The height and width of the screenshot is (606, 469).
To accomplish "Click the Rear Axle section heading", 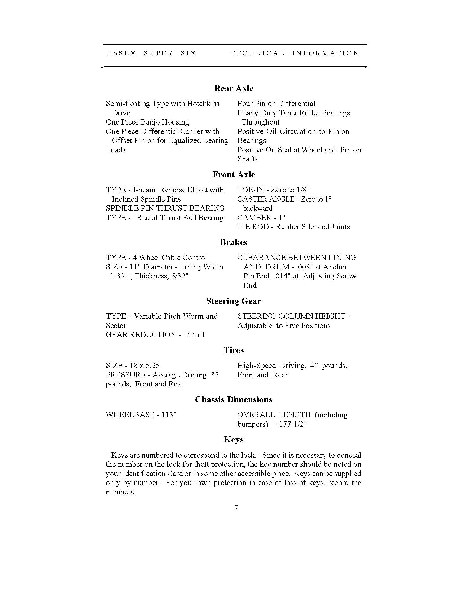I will point(234,88).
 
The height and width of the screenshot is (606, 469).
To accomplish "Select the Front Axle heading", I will point(234,175).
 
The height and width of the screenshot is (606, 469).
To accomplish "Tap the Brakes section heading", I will point(234,242).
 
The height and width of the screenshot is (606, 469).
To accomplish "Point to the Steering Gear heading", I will point(234,301).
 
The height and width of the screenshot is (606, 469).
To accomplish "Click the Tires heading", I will point(234,350).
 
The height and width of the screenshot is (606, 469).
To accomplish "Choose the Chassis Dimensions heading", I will point(234,400).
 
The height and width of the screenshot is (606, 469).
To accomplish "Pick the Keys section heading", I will point(234,440).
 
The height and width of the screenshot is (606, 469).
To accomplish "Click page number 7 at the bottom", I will point(236,507).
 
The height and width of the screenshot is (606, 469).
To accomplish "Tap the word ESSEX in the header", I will point(121,53).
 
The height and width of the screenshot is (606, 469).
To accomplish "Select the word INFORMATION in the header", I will point(326,53).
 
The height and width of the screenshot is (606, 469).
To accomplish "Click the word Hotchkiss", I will point(203,104).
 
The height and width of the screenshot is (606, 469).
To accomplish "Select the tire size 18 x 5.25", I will point(145,366).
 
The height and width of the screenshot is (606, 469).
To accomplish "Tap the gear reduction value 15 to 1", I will point(194,335).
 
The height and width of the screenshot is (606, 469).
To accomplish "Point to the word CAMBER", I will point(254,218).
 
